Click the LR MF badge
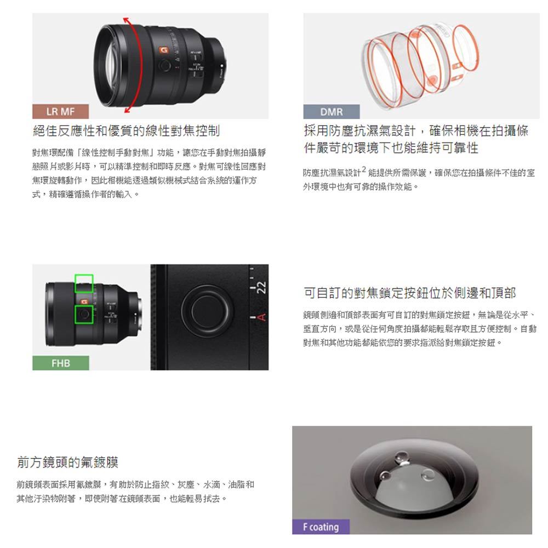point(60,111)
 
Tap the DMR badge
point(332,112)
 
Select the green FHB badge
point(60,363)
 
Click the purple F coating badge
point(321,527)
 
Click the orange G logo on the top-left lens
point(163,50)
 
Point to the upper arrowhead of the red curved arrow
point(127,20)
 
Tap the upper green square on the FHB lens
point(84,283)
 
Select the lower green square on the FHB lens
point(84,315)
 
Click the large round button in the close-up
point(207,311)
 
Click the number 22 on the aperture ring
point(261,287)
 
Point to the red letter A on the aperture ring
point(261,317)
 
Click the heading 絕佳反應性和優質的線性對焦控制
point(127,131)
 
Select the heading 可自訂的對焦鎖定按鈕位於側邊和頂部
point(409,293)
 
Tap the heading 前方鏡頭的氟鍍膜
point(68,462)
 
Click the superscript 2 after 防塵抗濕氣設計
point(364,169)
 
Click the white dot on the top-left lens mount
point(221,65)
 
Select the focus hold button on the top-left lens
point(165,65)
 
